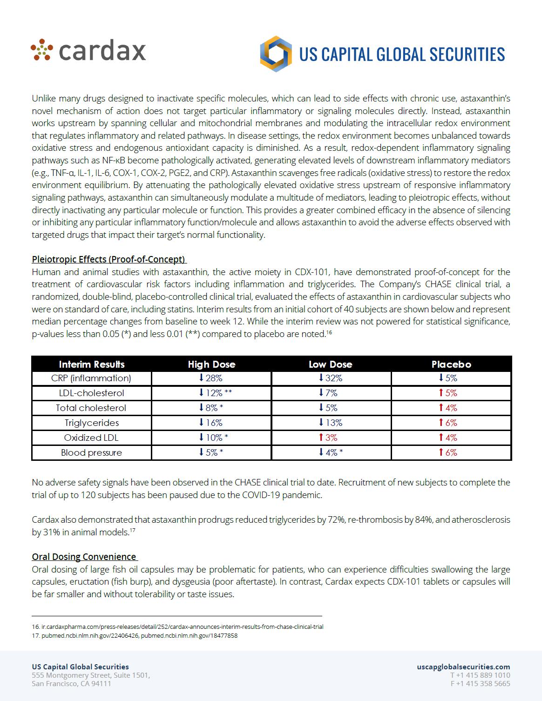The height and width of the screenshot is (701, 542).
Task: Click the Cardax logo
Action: coord(88,50)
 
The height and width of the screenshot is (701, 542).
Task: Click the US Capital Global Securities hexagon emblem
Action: coord(276,54)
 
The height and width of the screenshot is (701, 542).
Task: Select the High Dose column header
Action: coord(211,364)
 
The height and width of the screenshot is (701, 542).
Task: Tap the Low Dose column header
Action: coord(331,364)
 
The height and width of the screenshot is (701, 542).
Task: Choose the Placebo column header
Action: coord(451,364)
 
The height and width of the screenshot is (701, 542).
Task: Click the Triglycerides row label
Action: coord(92,423)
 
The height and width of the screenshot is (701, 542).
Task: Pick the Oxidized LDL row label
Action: coord(92,438)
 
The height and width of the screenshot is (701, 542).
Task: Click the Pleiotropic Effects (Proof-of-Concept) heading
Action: coord(108,259)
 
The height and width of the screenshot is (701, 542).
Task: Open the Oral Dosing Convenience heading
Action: coord(84,557)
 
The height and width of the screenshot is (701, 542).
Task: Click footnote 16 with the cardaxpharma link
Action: coord(177,627)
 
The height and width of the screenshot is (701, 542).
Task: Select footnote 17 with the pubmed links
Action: coord(135,635)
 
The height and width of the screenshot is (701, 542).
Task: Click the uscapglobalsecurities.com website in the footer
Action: coord(463,667)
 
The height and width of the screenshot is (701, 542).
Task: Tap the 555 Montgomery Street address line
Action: coord(91,675)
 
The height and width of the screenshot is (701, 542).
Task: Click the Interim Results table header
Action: coord(92,364)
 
